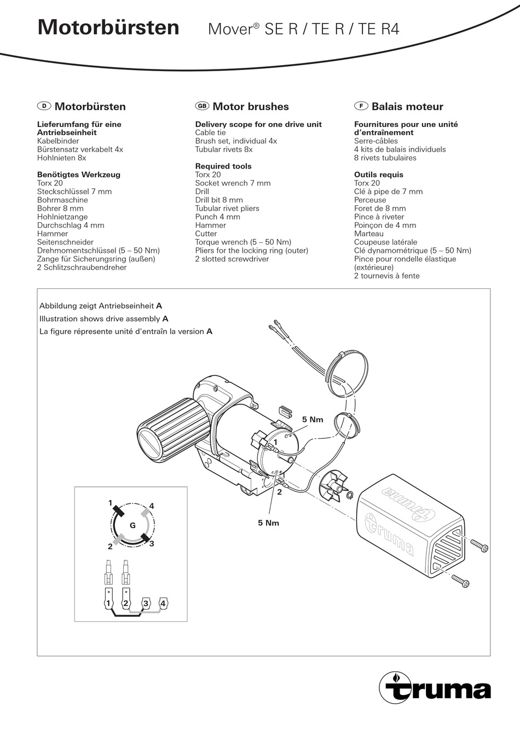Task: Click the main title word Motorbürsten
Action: click(108, 27)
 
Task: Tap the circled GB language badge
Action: click(201, 106)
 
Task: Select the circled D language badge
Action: click(44, 106)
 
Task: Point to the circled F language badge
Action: click(360, 106)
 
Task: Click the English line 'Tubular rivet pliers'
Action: click(227, 208)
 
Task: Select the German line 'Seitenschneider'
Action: click(65, 242)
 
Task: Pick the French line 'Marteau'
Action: click(369, 234)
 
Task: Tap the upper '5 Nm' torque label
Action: click(313, 420)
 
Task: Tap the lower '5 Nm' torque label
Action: click(269, 523)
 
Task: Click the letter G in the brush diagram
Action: click(132, 525)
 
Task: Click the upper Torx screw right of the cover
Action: click(479, 544)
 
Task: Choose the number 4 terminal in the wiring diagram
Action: click(163, 604)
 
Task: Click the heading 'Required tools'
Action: click(223, 166)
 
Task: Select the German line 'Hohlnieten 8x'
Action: click(62, 158)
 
